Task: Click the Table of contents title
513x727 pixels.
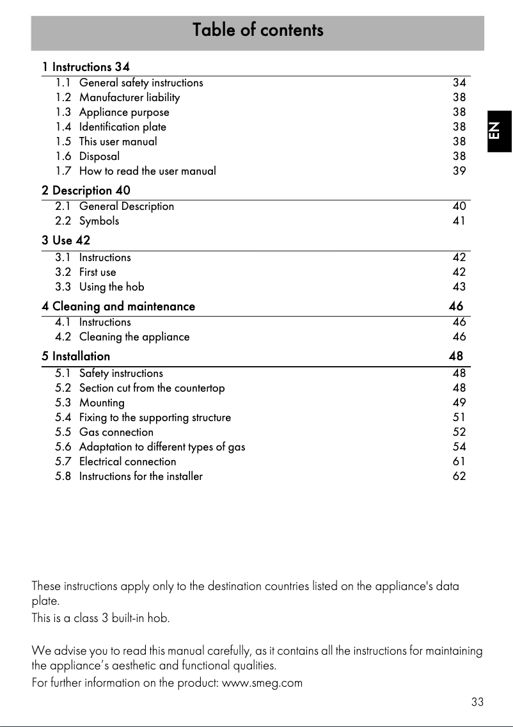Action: (258, 30)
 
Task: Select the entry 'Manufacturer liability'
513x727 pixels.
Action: (129, 97)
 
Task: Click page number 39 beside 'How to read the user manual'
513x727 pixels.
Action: (459, 171)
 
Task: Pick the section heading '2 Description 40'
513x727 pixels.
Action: (86, 191)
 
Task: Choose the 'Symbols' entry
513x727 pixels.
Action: (99, 221)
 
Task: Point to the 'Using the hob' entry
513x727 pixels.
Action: (112, 287)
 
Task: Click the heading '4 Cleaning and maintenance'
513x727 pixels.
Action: (118, 307)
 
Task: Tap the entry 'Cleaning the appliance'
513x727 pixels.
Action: (134, 337)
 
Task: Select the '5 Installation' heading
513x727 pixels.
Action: (76, 356)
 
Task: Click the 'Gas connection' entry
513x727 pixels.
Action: (116, 432)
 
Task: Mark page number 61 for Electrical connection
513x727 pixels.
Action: (459, 461)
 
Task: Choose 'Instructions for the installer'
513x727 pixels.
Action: (141, 476)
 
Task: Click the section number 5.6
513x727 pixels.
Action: (63, 447)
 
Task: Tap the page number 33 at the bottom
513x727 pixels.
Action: (477, 702)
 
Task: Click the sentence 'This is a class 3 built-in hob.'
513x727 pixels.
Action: (100, 619)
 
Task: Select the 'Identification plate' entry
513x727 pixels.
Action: (123, 127)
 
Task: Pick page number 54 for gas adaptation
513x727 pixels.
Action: (459, 447)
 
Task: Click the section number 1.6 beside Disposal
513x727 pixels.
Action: (63, 156)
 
